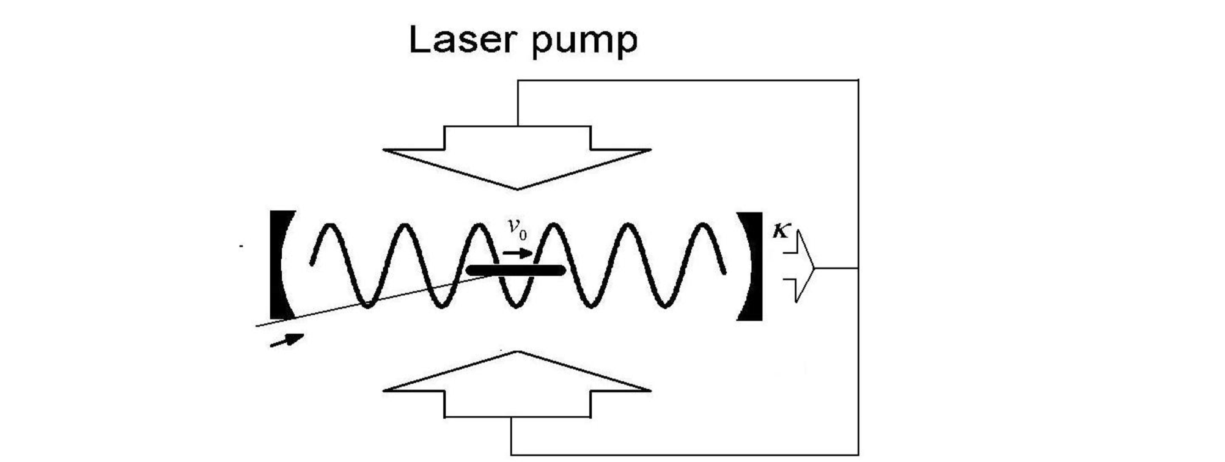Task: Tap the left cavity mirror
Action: tap(278, 265)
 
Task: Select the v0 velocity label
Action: tap(517, 229)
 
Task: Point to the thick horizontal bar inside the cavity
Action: tap(515, 269)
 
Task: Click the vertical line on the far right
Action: tap(858, 268)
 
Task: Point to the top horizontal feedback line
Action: tap(688, 80)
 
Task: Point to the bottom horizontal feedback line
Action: tap(685, 455)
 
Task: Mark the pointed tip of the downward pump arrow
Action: tap(517, 188)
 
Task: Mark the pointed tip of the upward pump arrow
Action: tap(517, 353)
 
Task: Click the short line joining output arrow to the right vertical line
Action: tap(837, 268)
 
